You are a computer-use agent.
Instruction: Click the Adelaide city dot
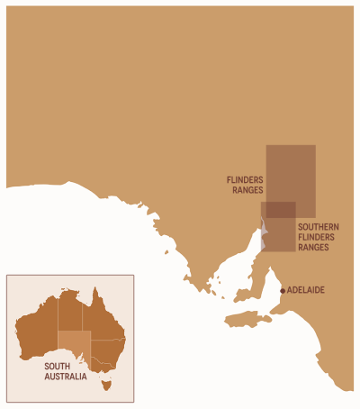pyautogui.click(x=282, y=290)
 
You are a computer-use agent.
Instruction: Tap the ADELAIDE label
pyautogui.click(x=305, y=290)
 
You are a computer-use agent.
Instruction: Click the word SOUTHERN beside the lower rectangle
pyautogui.click(x=319, y=228)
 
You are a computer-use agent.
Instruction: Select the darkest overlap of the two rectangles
pyautogui.click(x=280, y=210)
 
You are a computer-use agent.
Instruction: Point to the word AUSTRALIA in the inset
pyautogui.click(x=66, y=377)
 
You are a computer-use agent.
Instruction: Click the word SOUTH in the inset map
pyautogui.click(x=58, y=367)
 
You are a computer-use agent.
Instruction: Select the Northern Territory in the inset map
pyautogui.click(x=71, y=311)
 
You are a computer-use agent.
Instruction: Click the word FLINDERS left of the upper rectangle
pyautogui.click(x=244, y=180)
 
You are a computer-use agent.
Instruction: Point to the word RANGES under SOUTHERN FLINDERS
pyautogui.click(x=313, y=247)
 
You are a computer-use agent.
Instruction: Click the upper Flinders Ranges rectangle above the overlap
pyautogui.click(x=291, y=171)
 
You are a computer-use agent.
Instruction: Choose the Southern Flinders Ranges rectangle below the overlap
pyautogui.click(x=280, y=236)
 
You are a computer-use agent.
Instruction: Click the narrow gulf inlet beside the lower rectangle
pyautogui.click(x=263, y=237)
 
